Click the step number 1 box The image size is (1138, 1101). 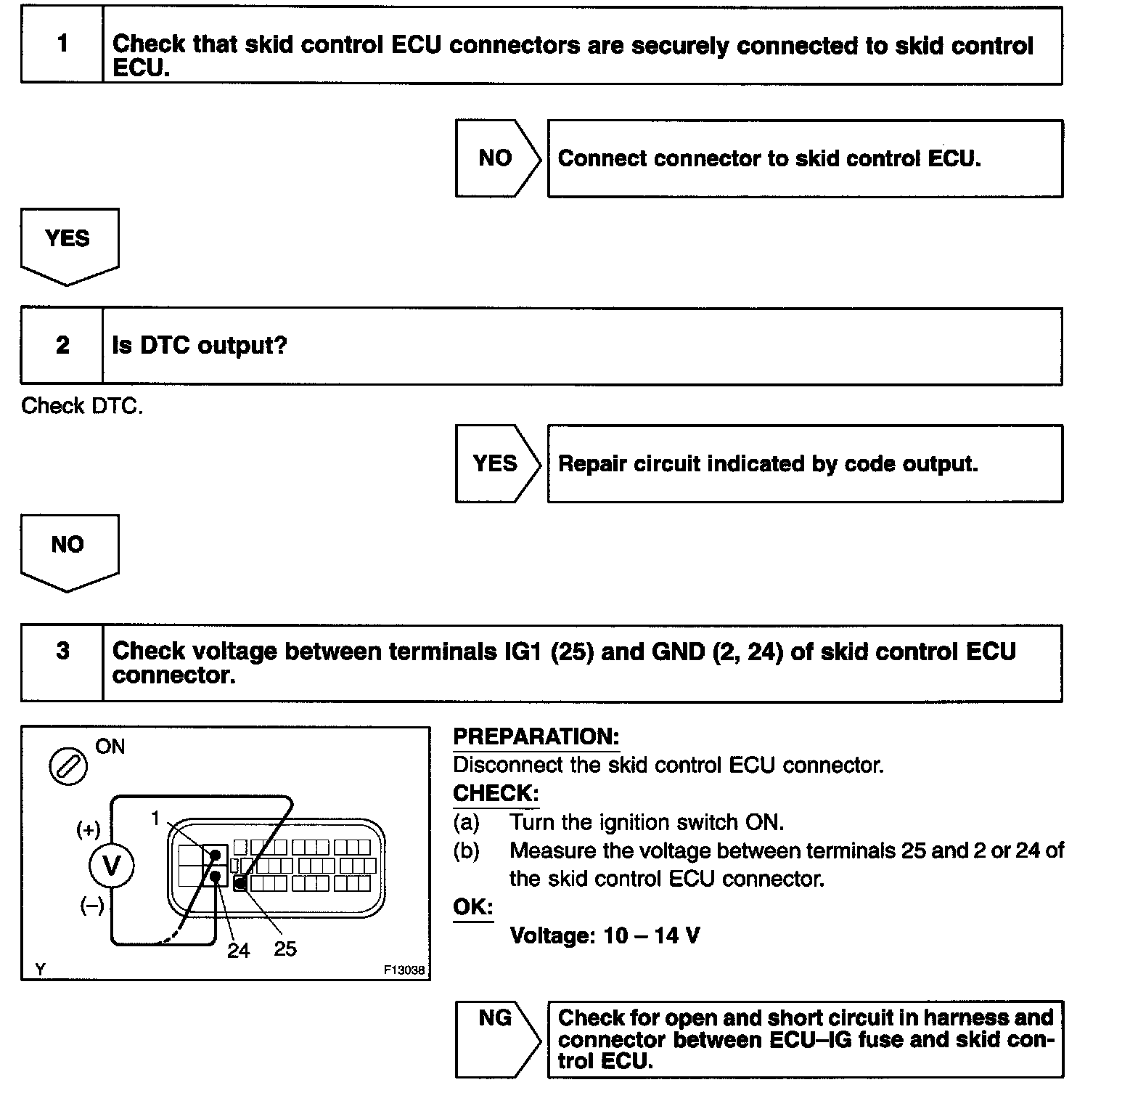point(62,44)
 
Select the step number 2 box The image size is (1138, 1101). point(62,346)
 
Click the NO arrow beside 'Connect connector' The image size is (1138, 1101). point(496,158)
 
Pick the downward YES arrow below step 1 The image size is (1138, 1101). point(68,244)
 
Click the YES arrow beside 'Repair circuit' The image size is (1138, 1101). point(496,463)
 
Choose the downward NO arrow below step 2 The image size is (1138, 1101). point(68,550)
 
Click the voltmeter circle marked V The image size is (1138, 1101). point(111,866)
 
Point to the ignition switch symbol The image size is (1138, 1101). point(67,766)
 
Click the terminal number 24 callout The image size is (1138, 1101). point(238,951)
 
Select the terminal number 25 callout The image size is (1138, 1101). point(285,948)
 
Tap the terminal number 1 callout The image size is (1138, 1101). point(155,818)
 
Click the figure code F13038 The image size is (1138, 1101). point(404,970)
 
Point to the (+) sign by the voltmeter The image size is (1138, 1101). point(89,829)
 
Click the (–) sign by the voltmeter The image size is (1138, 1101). point(92,906)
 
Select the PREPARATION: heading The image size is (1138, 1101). point(536,736)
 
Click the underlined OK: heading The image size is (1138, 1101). point(472,906)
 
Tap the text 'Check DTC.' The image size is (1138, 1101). point(82,405)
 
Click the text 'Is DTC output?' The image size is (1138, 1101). point(200,346)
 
